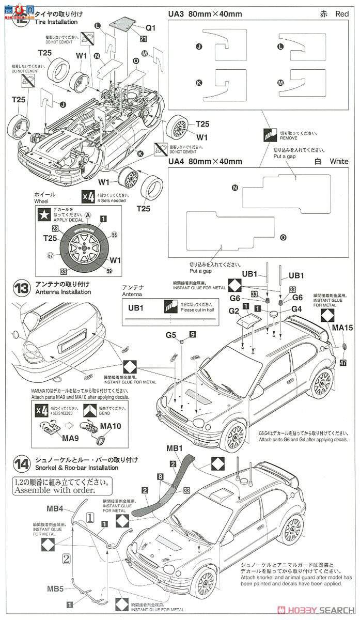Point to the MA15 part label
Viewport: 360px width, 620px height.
tap(342, 328)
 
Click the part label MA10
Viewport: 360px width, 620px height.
tap(111, 426)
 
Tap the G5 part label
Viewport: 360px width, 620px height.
tap(171, 335)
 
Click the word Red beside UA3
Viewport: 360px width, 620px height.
tap(342, 14)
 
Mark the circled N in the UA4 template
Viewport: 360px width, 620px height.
tap(235, 188)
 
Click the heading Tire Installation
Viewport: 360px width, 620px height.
tap(56, 22)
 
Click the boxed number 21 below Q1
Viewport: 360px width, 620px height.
tap(143, 39)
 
